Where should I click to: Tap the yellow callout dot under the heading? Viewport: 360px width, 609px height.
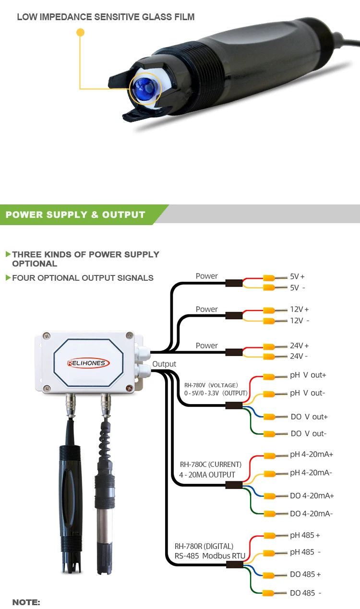coord(81,33)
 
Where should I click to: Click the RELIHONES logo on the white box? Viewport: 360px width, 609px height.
coord(88,363)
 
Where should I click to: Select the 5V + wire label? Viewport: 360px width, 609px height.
coord(297,277)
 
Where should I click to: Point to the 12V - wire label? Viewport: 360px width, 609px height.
coord(300,321)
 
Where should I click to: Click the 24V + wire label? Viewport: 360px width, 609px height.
coord(299,346)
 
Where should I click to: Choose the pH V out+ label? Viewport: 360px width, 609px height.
coord(308,375)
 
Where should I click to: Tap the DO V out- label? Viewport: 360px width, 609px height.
coord(309,433)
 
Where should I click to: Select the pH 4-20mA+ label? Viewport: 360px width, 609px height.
coord(312,454)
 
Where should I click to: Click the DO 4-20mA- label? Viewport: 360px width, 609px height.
coord(312,513)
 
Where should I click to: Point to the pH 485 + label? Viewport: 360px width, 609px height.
coord(305,535)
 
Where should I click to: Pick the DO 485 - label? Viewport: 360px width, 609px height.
coord(305,593)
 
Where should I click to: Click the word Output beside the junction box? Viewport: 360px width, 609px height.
coord(164,364)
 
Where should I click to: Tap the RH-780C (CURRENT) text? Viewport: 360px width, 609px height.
coord(211,465)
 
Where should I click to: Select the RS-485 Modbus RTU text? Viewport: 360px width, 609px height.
coord(210,556)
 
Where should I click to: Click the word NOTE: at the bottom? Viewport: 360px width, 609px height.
coord(26,602)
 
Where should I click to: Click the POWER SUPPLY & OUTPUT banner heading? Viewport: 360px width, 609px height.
coord(75,215)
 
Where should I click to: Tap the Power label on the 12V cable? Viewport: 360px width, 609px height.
coord(206,309)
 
